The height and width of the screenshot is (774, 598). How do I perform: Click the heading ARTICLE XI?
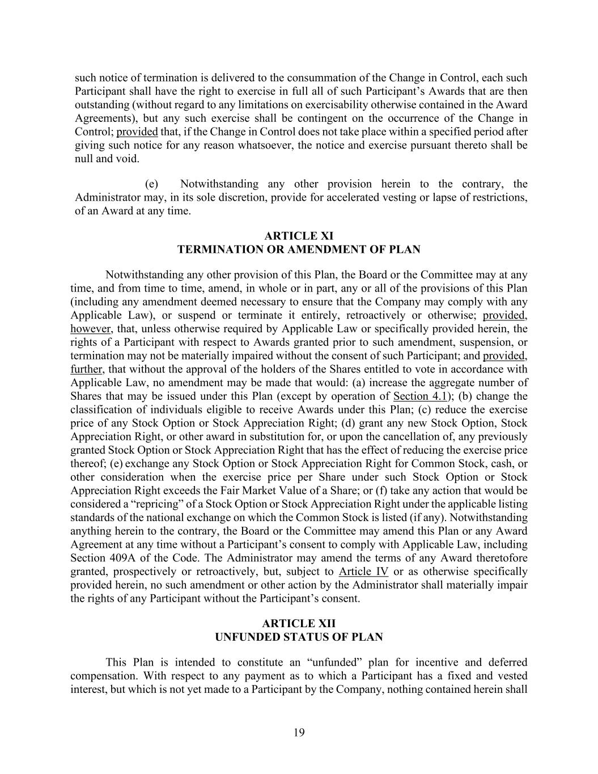[299, 236]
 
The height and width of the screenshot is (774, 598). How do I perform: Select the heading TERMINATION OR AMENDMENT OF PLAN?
[299, 249]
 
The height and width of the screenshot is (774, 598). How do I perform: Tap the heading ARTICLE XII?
[299, 624]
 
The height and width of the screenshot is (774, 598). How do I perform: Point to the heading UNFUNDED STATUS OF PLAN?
[299, 637]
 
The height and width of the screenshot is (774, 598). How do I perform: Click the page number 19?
[299, 733]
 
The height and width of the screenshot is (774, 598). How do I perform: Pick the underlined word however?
[91, 329]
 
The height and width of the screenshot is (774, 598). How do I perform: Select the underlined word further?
[86, 369]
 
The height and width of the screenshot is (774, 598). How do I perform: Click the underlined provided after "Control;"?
[137, 132]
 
